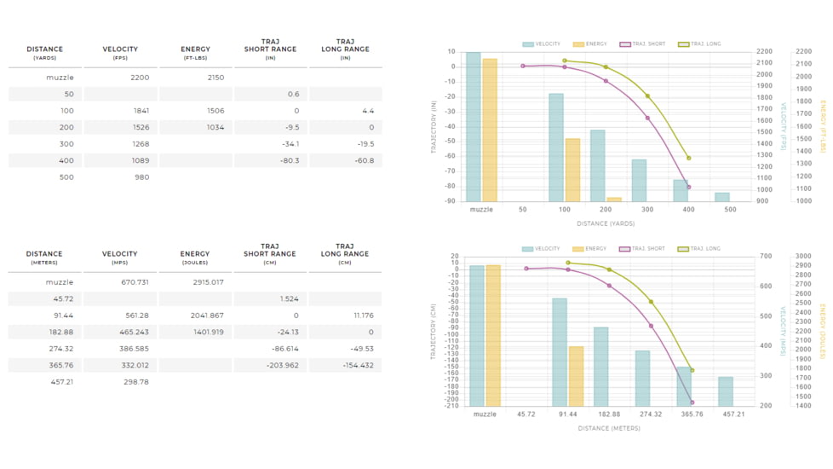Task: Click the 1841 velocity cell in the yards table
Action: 141,111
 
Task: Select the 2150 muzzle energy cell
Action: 215,78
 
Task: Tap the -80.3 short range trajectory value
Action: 290,160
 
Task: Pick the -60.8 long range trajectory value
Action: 365,160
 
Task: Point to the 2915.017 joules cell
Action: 208,282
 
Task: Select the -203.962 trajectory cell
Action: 282,365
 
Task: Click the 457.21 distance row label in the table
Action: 60,382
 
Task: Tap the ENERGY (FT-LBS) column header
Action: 195,53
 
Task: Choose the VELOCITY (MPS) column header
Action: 120,258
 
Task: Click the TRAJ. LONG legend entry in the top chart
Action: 700,44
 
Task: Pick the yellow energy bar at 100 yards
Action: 572,170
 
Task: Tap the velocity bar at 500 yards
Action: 722,197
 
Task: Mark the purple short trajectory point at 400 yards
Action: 688,188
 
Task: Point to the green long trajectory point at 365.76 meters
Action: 692,371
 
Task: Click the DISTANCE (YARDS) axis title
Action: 605,224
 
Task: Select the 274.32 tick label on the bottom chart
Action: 650,414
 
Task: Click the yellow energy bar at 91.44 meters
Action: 576,376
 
